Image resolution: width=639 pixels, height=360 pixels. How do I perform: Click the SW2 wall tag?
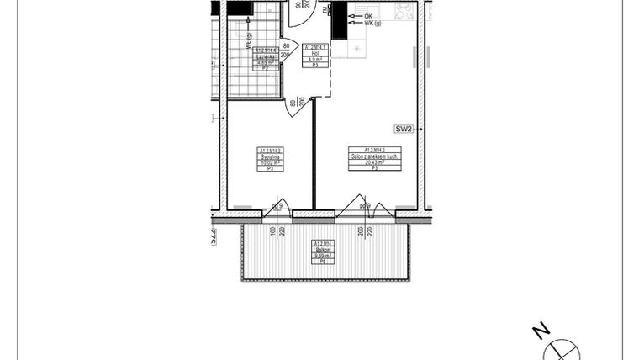point(404,129)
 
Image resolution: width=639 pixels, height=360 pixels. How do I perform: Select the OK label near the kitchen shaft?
point(368,16)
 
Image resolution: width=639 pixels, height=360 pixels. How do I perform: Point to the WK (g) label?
point(373,24)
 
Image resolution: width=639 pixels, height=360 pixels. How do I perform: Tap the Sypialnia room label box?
point(270,159)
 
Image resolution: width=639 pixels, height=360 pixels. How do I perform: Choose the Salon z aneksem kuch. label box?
point(374,159)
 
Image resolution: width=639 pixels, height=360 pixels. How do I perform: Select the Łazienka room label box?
point(266,58)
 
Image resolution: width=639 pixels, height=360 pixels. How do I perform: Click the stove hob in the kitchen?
point(404,11)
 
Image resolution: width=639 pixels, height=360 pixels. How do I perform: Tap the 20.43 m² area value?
point(374,162)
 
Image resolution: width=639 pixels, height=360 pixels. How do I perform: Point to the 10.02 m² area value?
point(270,162)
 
